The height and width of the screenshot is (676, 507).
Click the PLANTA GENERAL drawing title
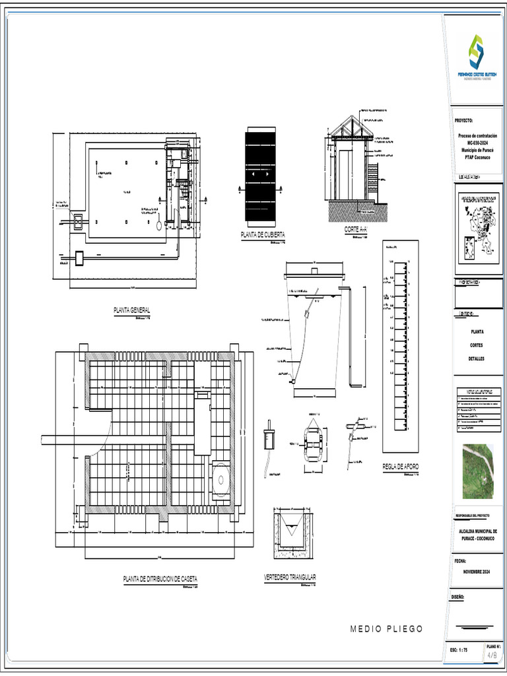[133, 310]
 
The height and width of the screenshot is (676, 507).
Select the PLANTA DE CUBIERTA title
[263, 234]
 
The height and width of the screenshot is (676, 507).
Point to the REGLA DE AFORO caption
[401, 467]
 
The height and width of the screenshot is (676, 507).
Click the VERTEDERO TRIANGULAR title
[290, 577]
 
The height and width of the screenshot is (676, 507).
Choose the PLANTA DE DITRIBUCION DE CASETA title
[160, 579]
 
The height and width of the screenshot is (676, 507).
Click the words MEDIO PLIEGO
[386, 628]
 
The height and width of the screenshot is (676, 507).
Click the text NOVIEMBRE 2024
[477, 571]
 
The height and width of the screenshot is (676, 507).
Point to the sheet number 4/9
[492, 656]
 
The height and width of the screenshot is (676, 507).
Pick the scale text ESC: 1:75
[459, 651]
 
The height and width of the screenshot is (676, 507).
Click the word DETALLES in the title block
[477, 358]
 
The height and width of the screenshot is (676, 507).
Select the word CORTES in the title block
[477, 345]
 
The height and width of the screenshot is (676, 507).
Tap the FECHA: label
[460, 560]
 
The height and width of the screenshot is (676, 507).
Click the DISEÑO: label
[459, 597]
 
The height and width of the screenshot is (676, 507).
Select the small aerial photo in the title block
[479, 471]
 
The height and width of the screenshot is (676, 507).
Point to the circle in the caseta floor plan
[220, 477]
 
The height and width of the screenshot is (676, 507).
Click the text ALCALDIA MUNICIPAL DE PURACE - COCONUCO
[477, 534]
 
